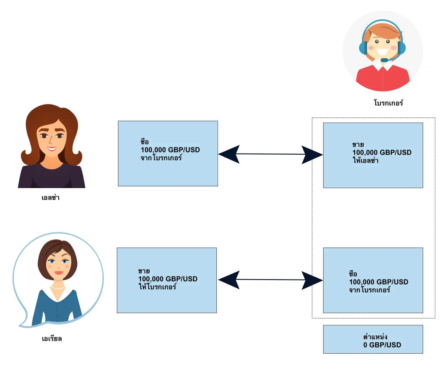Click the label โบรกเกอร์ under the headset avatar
(x=388, y=103)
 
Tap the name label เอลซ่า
(x=51, y=197)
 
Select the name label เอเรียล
(x=52, y=338)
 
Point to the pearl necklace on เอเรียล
(x=58, y=287)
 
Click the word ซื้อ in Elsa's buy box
(x=145, y=141)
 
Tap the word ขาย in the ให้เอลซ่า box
(x=358, y=145)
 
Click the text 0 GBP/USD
(x=382, y=345)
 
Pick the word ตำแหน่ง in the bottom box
(x=375, y=337)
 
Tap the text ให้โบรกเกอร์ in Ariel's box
(x=157, y=287)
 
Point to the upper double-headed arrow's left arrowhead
(x=229, y=154)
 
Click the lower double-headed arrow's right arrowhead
(x=312, y=280)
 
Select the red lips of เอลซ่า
(x=52, y=149)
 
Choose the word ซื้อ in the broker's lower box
(x=353, y=274)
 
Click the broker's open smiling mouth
(x=382, y=52)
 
